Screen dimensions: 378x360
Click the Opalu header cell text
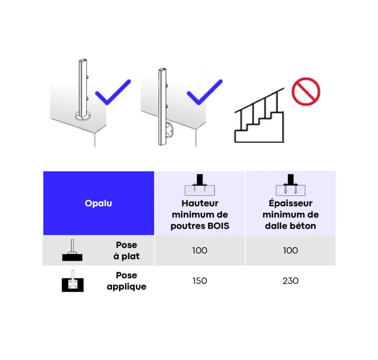tap(98, 203)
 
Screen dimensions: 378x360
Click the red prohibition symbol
tap(306, 91)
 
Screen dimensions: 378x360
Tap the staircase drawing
tap(259, 116)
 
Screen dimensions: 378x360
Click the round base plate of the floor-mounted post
tap(83, 116)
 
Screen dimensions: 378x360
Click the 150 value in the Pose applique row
tap(199, 281)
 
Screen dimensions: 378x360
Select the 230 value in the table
tap(291, 281)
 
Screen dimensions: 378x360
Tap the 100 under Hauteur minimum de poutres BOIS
tap(199, 251)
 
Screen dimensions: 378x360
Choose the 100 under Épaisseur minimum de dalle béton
tap(291, 251)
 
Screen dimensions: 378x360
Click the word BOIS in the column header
tap(219, 226)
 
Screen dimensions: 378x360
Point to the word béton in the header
tap(303, 226)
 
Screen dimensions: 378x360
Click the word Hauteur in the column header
tap(200, 203)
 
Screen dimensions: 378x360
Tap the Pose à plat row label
tap(126, 251)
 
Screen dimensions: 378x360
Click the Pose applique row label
tap(126, 281)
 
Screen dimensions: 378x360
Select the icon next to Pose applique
tap(73, 281)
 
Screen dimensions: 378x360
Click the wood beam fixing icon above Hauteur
tap(199, 185)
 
